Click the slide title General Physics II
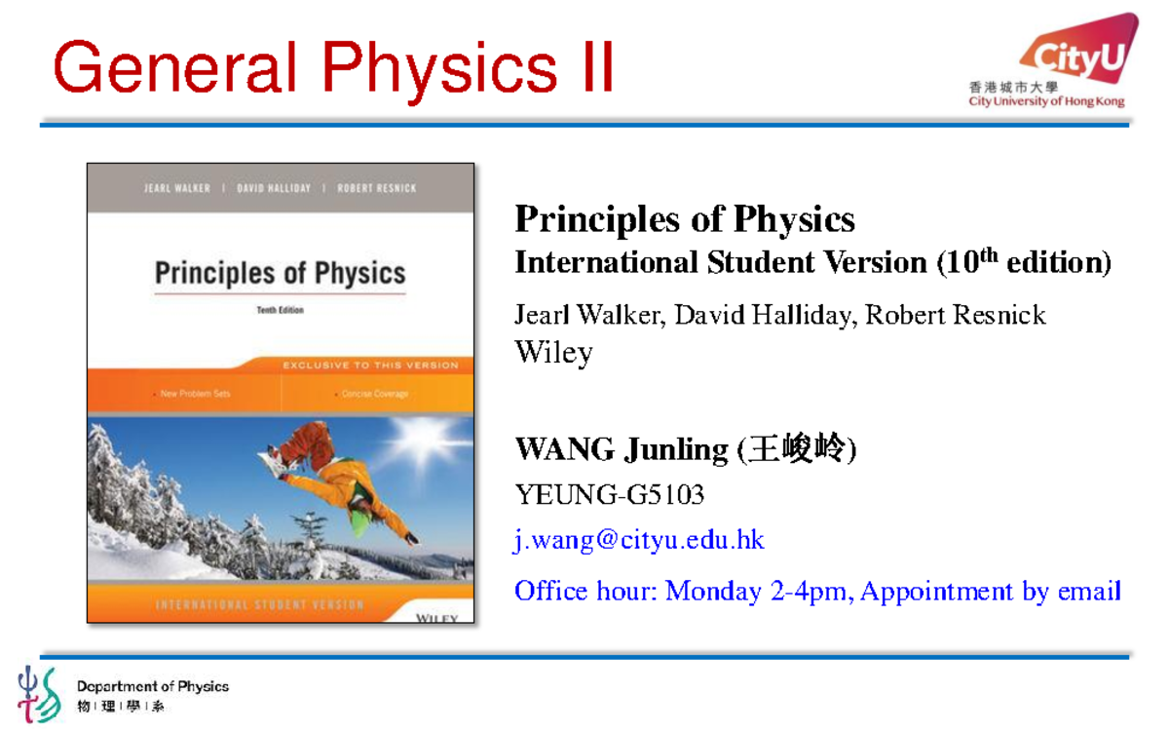tap(333, 67)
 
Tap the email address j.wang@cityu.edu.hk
tap(639, 540)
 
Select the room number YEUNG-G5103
tap(609, 495)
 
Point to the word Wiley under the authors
tap(553, 352)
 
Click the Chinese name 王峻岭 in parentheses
tap(798, 449)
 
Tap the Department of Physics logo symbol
tap(39, 693)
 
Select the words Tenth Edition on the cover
tap(281, 310)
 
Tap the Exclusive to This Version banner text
tap(370, 365)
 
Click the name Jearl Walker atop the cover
tap(176, 188)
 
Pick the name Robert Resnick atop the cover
tap(376, 188)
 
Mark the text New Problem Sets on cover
tap(196, 395)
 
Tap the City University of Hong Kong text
tap(1046, 101)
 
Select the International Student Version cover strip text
tap(259, 605)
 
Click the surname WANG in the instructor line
tap(565, 449)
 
